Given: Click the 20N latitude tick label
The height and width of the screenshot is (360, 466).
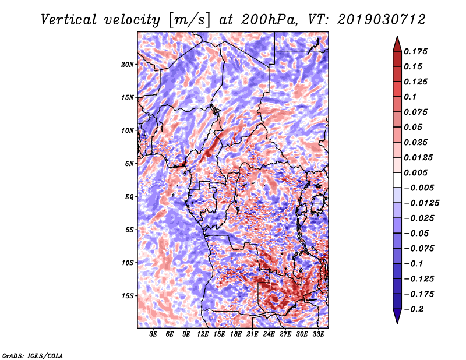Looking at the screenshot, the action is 128,64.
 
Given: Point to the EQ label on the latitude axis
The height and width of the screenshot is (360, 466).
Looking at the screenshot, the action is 129,196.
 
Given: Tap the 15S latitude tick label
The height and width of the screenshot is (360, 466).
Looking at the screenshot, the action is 128,296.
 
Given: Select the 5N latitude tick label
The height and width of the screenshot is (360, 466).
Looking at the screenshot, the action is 129,164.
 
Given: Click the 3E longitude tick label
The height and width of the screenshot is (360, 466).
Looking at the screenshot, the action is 153,334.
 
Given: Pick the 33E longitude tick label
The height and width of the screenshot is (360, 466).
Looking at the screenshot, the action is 318,334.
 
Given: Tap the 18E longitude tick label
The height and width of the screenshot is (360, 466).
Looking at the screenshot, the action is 236,334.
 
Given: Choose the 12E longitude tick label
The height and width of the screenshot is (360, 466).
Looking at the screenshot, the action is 202,334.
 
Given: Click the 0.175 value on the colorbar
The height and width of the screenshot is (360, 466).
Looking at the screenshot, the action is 415,51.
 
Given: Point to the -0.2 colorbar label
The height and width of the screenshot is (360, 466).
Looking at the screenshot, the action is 414,309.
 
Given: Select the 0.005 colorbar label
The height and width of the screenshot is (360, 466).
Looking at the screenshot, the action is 415,172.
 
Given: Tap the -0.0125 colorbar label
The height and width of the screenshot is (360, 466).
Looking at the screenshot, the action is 421,203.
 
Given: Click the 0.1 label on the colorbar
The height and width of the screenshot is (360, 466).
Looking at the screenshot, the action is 410,97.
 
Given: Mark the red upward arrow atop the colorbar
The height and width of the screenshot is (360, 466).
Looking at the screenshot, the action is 397,44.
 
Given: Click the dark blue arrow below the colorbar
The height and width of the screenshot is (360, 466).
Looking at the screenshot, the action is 397,316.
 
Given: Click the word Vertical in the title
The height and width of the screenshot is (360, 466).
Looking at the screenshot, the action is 69,20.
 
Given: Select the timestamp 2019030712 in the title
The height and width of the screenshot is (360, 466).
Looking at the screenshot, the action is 382,20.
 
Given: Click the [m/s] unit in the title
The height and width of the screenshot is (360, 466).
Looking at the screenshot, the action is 190,20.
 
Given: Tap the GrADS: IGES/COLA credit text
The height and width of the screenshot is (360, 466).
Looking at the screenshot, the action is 33,355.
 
